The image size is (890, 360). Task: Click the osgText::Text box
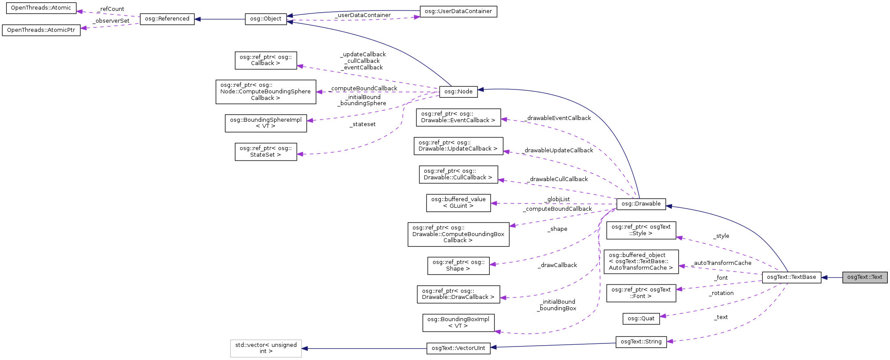tap(864, 277)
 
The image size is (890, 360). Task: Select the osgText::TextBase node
tap(791, 277)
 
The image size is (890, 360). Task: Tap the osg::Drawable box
tap(641, 204)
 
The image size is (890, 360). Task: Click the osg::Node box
tap(458, 92)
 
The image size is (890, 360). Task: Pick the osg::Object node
tap(265, 19)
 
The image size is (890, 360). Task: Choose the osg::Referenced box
tap(167, 19)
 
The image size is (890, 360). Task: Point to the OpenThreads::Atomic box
tap(41, 8)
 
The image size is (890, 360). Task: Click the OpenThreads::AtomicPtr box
tap(41, 30)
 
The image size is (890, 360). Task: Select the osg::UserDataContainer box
tap(458, 11)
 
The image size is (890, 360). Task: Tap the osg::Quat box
tap(641, 319)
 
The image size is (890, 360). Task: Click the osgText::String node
tap(641, 342)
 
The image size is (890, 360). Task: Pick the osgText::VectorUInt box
tap(458, 348)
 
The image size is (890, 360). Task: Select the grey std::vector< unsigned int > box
tap(265, 348)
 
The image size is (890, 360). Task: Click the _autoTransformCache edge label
tap(722, 263)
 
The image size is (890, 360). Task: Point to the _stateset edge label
tap(362, 124)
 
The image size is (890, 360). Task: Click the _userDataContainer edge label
tap(362, 15)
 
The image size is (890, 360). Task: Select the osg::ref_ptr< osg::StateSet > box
tap(265, 151)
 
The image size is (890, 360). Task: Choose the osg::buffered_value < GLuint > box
tap(458, 203)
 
